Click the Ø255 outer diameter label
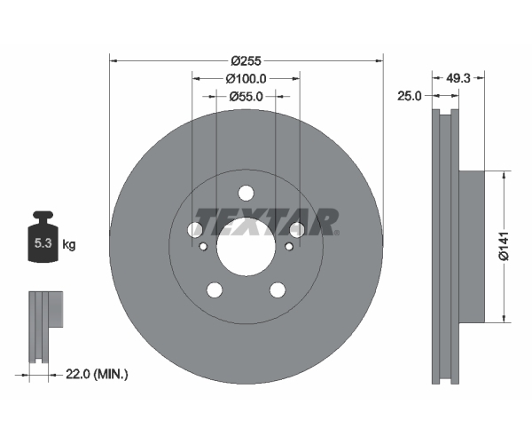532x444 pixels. click(x=246, y=61)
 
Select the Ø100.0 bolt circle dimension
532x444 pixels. click(x=246, y=79)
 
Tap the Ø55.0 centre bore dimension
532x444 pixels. click(x=246, y=97)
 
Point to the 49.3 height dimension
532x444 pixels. click(x=458, y=78)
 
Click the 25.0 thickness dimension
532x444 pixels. click(x=409, y=96)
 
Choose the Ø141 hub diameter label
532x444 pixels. click(x=505, y=246)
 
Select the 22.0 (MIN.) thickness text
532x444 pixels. click(x=97, y=375)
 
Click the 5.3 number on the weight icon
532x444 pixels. click(x=43, y=243)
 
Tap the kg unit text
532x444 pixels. click(x=69, y=244)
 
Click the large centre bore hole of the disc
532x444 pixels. click(x=246, y=247)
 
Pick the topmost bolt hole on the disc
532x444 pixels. click(x=246, y=193)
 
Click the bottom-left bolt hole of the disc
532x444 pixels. click(x=215, y=290)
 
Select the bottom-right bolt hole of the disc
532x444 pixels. click(x=278, y=290)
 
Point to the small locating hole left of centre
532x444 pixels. click(x=203, y=246)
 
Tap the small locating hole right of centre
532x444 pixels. click(x=289, y=246)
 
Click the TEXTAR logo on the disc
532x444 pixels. click(x=266, y=222)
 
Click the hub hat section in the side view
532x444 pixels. click(x=472, y=246)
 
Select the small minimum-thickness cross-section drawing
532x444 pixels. click(x=46, y=327)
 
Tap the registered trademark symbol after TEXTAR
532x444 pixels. click(x=337, y=233)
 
